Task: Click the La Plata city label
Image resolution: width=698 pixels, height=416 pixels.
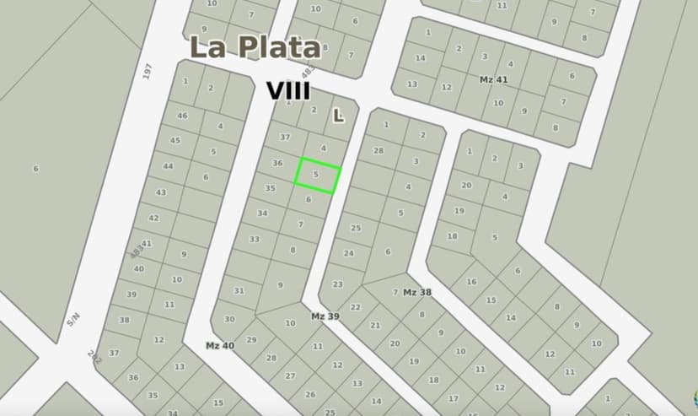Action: (x=255, y=47)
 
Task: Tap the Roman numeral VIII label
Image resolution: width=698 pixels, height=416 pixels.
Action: (x=288, y=91)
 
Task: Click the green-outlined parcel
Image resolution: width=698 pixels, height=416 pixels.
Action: (x=317, y=176)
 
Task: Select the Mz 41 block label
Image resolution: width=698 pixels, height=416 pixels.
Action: (x=494, y=79)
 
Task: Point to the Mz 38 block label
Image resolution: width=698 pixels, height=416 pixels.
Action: (x=417, y=292)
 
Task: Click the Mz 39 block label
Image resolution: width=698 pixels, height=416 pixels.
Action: (x=325, y=316)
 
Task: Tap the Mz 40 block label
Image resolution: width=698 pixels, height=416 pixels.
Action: (x=220, y=345)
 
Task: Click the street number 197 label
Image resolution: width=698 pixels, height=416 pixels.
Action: (x=148, y=72)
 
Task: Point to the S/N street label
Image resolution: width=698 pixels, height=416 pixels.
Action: (x=73, y=319)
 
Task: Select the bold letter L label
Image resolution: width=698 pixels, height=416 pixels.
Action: (x=338, y=116)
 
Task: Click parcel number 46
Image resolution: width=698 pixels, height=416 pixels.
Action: (x=182, y=116)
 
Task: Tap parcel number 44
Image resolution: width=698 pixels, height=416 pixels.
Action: (x=168, y=166)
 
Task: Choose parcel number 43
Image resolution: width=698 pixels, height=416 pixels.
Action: (x=161, y=192)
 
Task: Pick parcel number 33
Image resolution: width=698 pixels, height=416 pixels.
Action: (x=254, y=239)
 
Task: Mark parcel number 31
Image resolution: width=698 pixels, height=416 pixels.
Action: (x=239, y=291)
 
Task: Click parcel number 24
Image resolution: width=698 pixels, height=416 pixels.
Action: (x=348, y=253)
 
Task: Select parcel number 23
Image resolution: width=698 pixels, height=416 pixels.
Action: (x=337, y=284)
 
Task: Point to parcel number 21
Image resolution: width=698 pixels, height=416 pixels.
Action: (x=375, y=325)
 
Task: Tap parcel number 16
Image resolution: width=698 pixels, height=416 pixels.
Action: (x=470, y=282)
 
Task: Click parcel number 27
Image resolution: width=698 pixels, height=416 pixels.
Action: (x=290, y=375)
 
